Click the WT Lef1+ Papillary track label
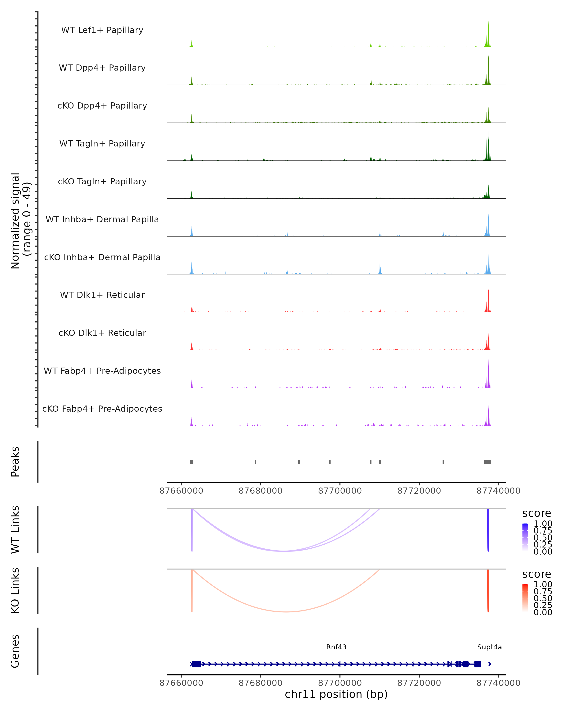pyautogui.click(x=102, y=30)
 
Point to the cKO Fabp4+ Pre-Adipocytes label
pyautogui.click(x=102, y=409)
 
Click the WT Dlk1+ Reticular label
pyautogui.click(x=102, y=295)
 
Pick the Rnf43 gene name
pyautogui.click(x=336, y=647)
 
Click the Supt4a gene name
pyautogui.click(x=489, y=647)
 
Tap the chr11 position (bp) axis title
pyautogui.click(x=336, y=694)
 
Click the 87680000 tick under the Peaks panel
pyautogui.click(x=260, y=491)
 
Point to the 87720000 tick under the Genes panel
pyautogui.click(x=419, y=683)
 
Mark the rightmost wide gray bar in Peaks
pyautogui.click(x=487, y=462)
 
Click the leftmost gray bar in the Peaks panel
pyautogui.click(x=192, y=462)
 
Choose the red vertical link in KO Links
pyautogui.click(x=488, y=590)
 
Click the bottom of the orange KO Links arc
pyautogui.click(x=286, y=612)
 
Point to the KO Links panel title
pyautogui.click(x=15, y=590)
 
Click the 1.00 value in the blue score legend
pyautogui.click(x=543, y=524)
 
